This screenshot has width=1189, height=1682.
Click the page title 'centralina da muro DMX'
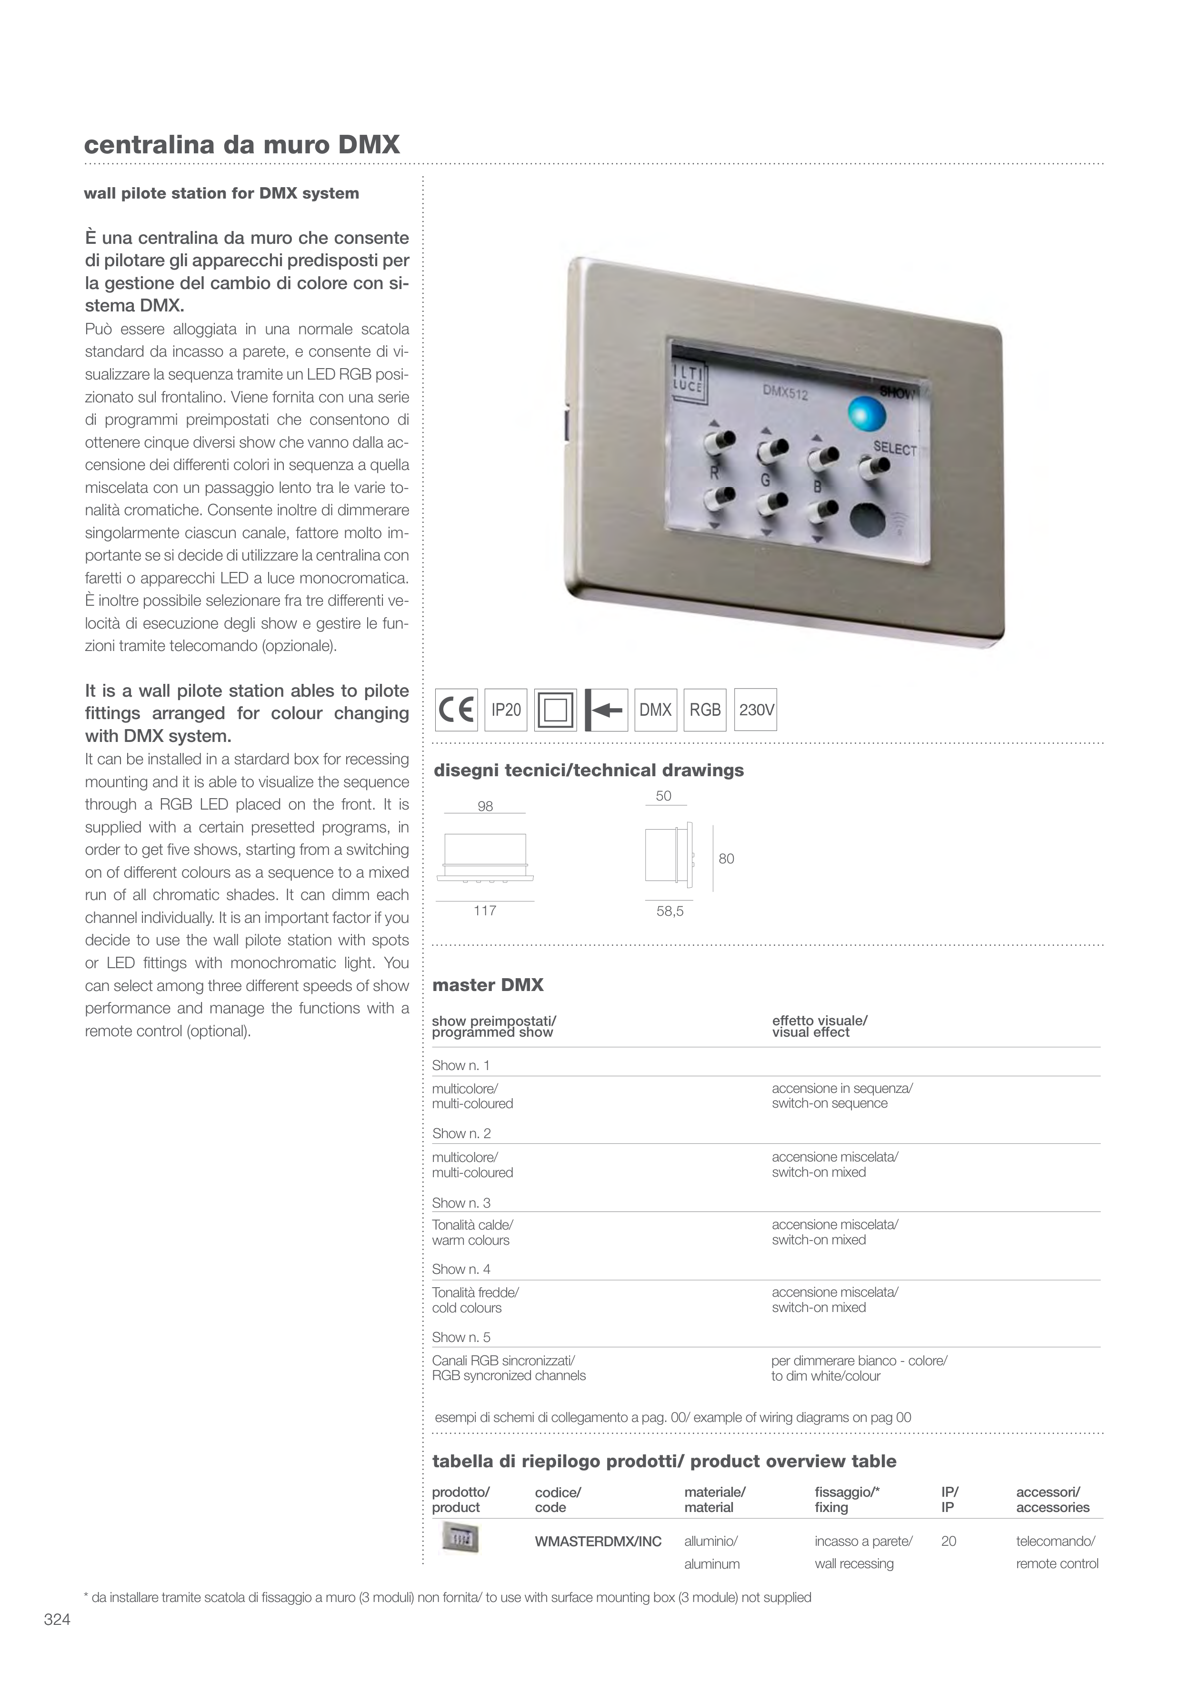tap(242, 144)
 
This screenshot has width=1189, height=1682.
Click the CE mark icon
tap(456, 710)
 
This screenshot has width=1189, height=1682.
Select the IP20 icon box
tap(506, 710)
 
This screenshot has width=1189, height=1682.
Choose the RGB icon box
tap(705, 710)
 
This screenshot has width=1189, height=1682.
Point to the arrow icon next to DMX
tap(606, 710)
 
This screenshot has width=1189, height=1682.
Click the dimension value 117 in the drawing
tap(485, 911)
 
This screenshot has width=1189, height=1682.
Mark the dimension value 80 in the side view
tap(726, 859)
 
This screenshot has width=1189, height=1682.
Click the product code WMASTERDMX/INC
tap(598, 1542)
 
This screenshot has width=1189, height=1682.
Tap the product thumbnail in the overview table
tap(460, 1538)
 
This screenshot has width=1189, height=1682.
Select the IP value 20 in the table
tap(948, 1542)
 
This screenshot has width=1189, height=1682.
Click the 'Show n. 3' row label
tap(461, 1203)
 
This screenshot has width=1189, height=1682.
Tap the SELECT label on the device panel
tap(895, 448)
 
